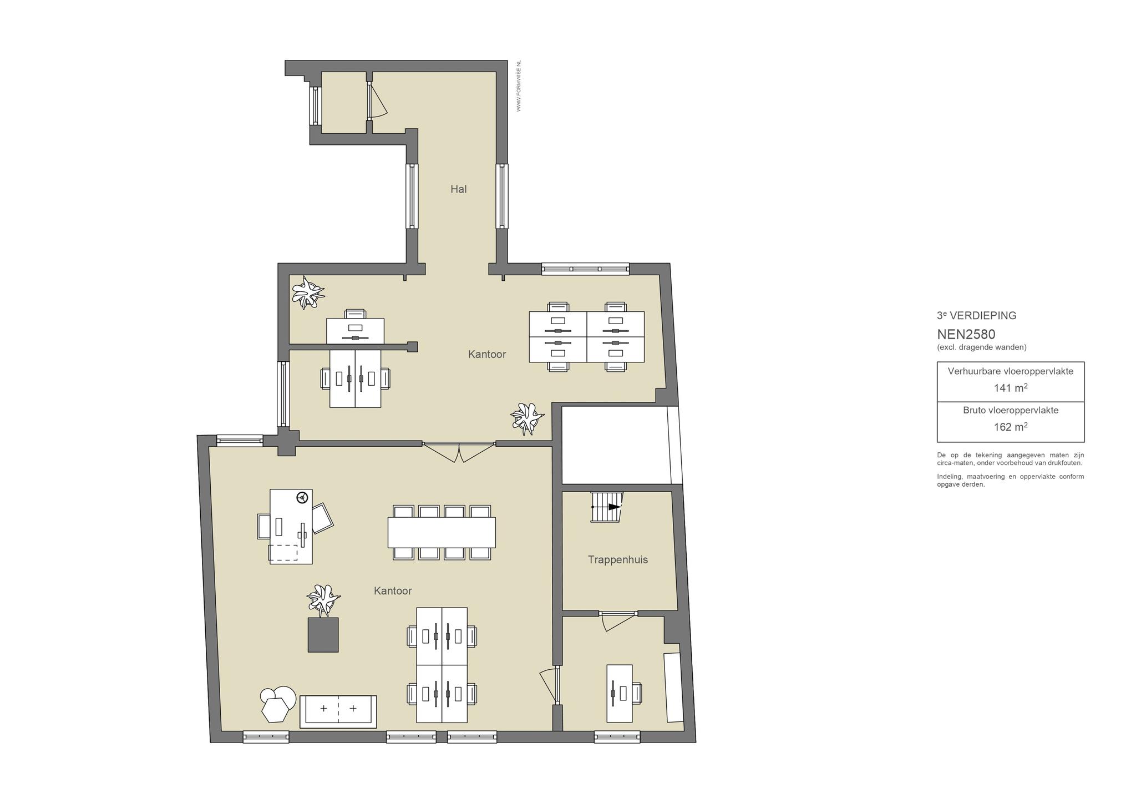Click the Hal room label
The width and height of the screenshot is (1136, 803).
pos(458,189)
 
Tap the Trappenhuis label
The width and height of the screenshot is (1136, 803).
pos(618,560)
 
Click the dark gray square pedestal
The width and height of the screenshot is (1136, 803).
pos(323,635)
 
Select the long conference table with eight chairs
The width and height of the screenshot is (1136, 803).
pos(442,532)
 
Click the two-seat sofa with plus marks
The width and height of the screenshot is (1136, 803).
pos(338,711)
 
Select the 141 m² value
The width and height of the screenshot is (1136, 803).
pos(1011,388)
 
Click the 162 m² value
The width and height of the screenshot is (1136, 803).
pos(1011,427)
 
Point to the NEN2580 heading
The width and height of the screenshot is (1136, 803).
pos(966,335)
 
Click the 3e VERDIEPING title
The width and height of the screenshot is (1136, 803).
pos(977,316)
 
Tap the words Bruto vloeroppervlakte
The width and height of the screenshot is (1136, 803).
pos(1011,411)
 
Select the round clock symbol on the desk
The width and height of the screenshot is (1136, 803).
pos(302,497)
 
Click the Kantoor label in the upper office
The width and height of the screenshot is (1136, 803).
pos(487,354)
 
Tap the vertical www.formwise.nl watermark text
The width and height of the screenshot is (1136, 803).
pos(519,86)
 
